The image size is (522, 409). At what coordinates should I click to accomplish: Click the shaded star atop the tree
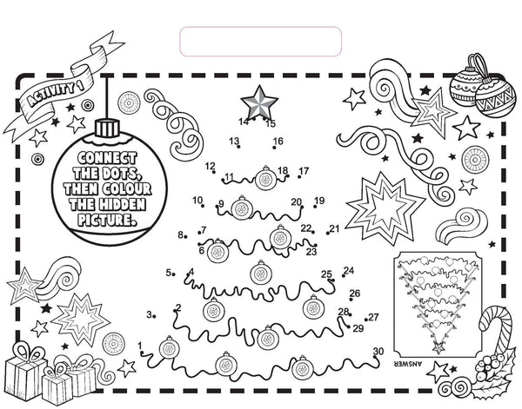point(259,102)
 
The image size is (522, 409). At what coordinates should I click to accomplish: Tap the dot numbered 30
point(375,358)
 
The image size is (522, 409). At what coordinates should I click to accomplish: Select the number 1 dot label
point(140,346)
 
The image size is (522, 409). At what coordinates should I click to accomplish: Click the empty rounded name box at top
point(261,42)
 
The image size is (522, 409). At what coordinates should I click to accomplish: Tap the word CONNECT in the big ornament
point(107,159)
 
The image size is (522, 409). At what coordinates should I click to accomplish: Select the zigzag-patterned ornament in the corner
point(493,97)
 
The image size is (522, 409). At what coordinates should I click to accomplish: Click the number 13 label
point(234,141)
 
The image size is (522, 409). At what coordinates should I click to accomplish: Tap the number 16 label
point(278,141)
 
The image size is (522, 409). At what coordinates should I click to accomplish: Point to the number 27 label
point(374,317)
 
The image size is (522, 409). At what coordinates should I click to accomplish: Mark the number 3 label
point(150,314)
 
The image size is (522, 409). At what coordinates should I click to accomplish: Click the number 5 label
point(169,273)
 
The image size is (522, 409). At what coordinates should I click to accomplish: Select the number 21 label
point(334,228)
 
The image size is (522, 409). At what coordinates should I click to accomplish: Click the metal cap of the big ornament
point(107,129)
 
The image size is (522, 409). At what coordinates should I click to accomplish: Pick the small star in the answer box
point(438,347)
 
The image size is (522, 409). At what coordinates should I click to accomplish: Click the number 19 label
point(319,201)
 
